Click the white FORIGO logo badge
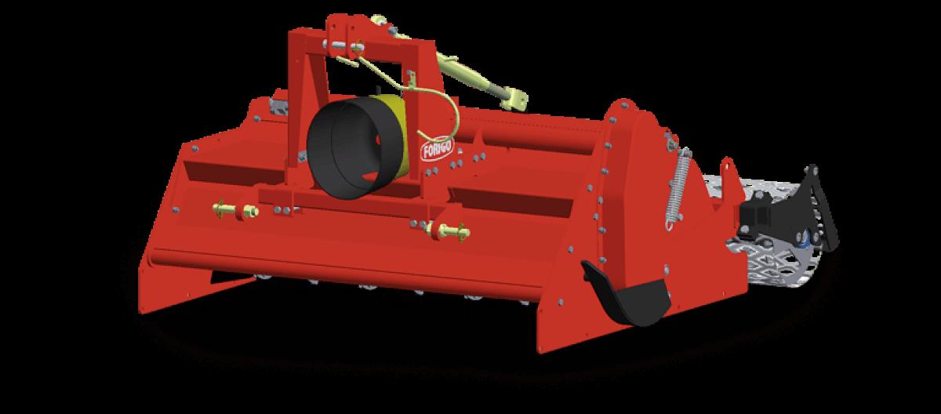pyautogui.click(x=438, y=149)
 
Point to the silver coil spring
pyautogui.click(x=678, y=189)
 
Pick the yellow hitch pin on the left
pyautogui.click(x=236, y=209)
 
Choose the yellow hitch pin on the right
pyautogui.click(x=449, y=231)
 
